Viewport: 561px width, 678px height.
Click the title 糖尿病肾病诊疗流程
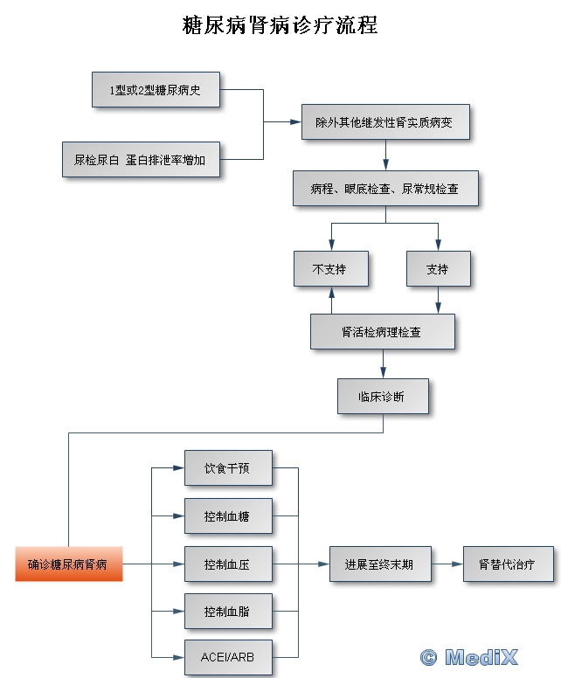(x=280, y=24)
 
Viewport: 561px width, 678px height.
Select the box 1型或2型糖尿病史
(x=155, y=91)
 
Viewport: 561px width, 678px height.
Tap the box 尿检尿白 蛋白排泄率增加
(x=140, y=160)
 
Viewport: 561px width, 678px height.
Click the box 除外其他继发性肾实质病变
(x=385, y=122)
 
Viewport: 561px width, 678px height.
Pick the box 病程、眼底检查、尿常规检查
(x=384, y=188)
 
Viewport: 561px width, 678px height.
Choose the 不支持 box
(x=329, y=269)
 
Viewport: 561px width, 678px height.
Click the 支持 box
(x=438, y=269)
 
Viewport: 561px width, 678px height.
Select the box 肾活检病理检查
(x=382, y=332)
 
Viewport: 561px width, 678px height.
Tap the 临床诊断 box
(x=382, y=396)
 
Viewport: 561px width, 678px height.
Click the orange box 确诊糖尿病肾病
(x=68, y=564)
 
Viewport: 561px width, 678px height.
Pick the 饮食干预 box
(x=227, y=468)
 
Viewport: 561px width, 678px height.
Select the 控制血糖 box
(x=227, y=516)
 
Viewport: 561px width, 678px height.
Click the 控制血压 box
(x=227, y=564)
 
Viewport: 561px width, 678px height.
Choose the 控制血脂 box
(x=227, y=612)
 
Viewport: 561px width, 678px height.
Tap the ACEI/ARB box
(x=227, y=656)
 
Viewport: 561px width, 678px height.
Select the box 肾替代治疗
(x=508, y=564)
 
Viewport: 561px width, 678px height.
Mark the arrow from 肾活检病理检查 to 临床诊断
(x=383, y=364)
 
